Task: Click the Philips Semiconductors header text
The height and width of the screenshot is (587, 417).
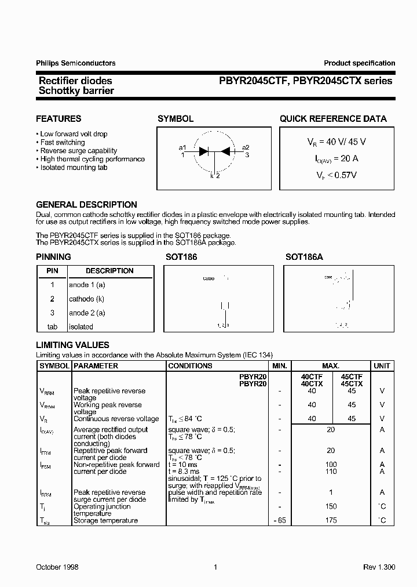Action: pyautogui.click(x=76, y=63)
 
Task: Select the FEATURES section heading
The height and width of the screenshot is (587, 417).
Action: pyautogui.click(x=58, y=119)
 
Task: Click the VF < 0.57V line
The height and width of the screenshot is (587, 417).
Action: pyautogui.click(x=336, y=174)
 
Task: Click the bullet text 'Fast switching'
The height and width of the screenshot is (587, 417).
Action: pyautogui.click(x=62, y=142)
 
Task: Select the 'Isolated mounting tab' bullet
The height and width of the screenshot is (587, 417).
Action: pyautogui.click(x=74, y=168)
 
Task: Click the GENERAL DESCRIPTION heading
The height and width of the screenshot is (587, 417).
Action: pyautogui.click(x=86, y=205)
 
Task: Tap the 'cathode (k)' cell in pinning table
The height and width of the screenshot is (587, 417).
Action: pyautogui.click(x=86, y=299)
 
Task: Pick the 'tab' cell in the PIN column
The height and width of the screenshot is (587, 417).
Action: pyautogui.click(x=52, y=327)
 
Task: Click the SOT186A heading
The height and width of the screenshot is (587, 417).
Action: pyautogui.click(x=304, y=256)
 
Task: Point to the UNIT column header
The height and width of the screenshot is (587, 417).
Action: pyautogui.click(x=382, y=366)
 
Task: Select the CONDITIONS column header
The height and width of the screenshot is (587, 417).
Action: pyautogui.click(x=190, y=366)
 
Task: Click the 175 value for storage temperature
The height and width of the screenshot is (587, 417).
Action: pyautogui.click(x=331, y=520)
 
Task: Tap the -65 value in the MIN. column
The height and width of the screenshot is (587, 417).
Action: pyautogui.click(x=279, y=520)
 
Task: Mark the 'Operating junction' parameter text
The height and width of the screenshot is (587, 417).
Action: pyautogui.click(x=102, y=506)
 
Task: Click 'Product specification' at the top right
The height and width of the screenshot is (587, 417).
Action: pyautogui.click(x=359, y=63)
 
